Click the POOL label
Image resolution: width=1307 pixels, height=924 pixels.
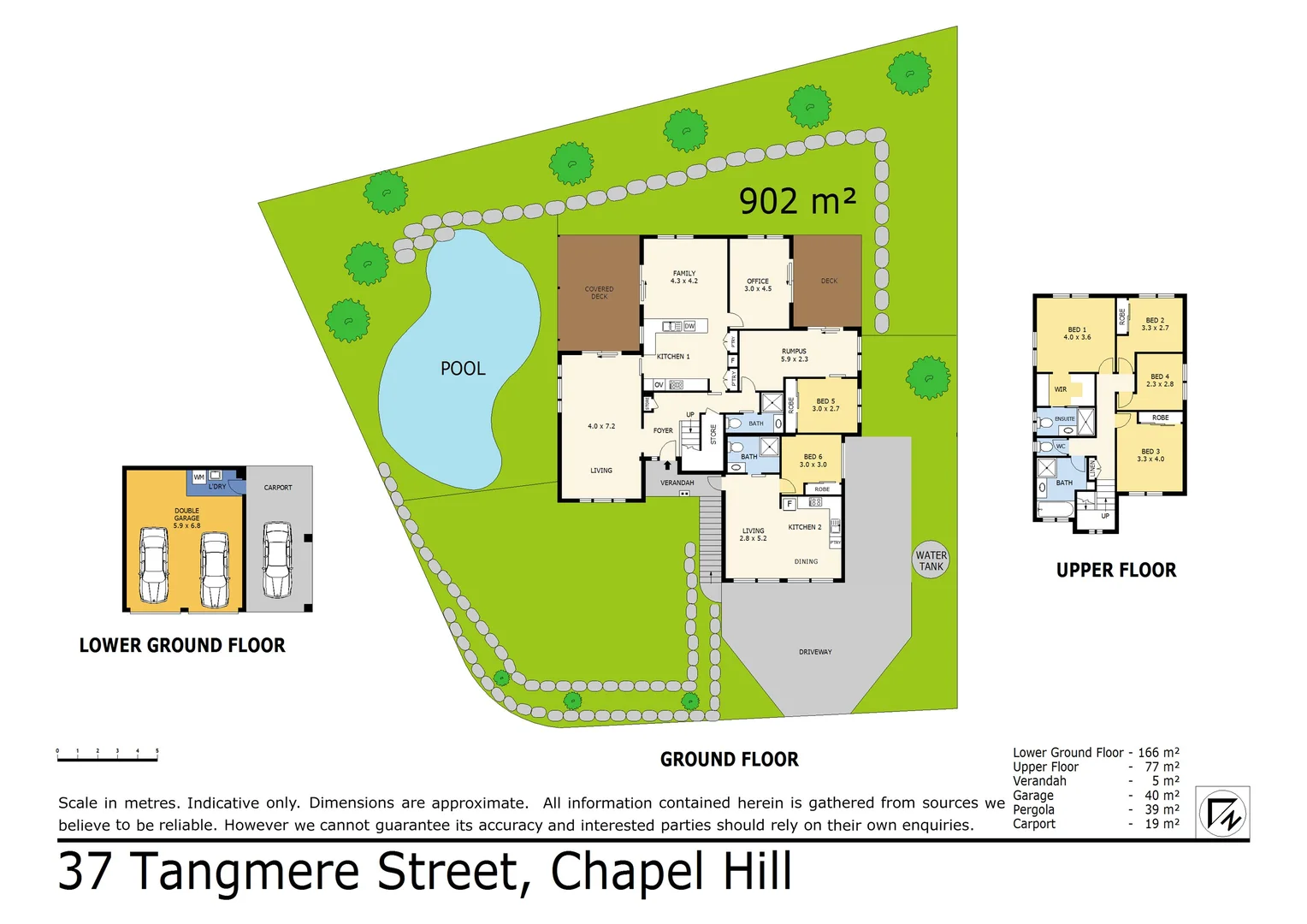click(x=463, y=369)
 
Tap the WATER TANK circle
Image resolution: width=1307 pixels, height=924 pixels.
click(x=931, y=560)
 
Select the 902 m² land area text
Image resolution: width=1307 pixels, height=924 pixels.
click(x=797, y=202)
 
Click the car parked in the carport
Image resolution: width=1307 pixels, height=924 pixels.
click(x=278, y=560)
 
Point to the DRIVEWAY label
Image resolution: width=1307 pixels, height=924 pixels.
click(x=815, y=652)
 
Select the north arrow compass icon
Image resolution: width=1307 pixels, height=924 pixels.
click(x=1222, y=813)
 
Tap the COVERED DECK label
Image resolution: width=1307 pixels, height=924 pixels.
click(x=599, y=293)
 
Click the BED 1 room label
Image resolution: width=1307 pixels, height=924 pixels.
click(x=1077, y=333)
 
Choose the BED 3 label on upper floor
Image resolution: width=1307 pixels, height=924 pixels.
click(x=1150, y=455)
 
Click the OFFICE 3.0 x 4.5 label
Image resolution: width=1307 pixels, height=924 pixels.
click(x=758, y=285)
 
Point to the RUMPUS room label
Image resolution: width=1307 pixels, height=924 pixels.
click(x=794, y=355)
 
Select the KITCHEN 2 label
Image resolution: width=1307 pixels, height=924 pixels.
click(x=804, y=527)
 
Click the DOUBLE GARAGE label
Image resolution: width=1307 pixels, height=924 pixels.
click(x=186, y=518)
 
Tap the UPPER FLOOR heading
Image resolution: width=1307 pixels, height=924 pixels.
click(x=1115, y=571)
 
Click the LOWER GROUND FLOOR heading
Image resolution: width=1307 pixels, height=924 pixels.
click(x=182, y=646)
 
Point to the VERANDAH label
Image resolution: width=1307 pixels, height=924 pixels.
click(x=677, y=483)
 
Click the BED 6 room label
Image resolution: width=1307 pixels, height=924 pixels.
click(x=813, y=460)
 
